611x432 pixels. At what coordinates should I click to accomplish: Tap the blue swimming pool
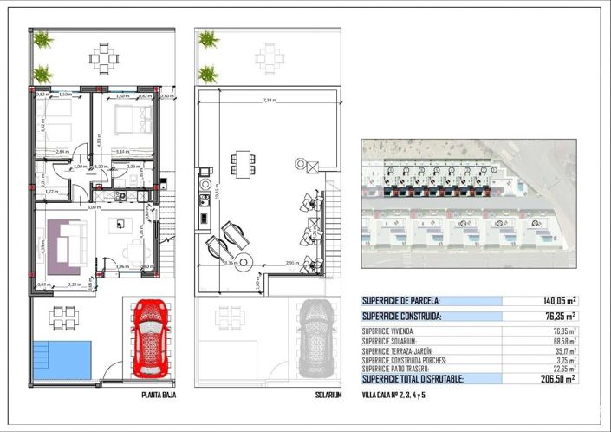(x=62, y=359)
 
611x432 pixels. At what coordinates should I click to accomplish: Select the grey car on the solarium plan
(x=314, y=338)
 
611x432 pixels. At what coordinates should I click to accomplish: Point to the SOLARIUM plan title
(x=328, y=396)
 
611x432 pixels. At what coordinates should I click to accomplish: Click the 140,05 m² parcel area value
(x=558, y=301)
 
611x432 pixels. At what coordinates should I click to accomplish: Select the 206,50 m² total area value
(x=558, y=378)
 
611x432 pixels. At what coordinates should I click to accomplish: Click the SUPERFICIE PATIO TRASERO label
(x=398, y=369)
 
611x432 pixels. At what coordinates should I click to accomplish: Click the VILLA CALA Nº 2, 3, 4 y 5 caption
(x=394, y=395)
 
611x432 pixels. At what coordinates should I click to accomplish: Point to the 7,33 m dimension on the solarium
(x=269, y=101)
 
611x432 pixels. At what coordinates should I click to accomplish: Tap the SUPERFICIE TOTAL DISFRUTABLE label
(x=413, y=379)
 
